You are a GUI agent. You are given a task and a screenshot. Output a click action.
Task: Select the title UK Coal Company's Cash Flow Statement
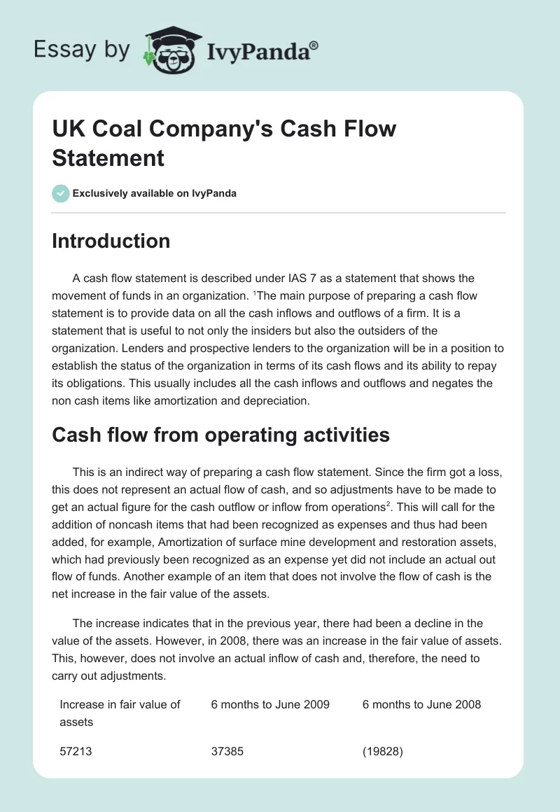[x=224, y=143]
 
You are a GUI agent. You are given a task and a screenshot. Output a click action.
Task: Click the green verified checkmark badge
[x=61, y=193]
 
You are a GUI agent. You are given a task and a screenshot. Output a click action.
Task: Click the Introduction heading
[x=111, y=241]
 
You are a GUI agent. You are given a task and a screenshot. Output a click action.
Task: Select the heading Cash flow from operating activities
[x=220, y=435]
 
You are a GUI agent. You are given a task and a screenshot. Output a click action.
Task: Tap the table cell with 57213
[x=76, y=751]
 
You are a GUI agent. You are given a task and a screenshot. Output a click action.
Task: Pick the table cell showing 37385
[x=227, y=751]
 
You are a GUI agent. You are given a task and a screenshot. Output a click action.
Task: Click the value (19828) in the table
[x=384, y=751]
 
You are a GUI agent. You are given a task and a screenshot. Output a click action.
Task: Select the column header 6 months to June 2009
[x=270, y=704]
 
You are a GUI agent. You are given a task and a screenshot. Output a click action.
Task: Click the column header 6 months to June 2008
[x=421, y=704]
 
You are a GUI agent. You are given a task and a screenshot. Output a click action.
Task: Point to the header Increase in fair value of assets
[x=120, y=713]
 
